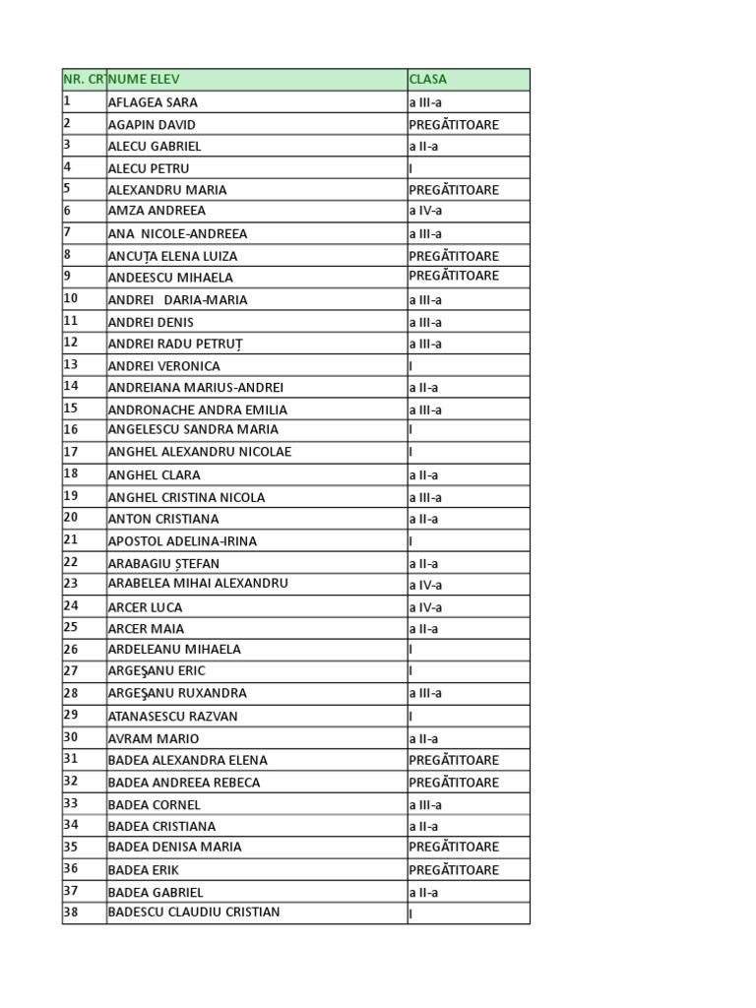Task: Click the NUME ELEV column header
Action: coord(145,80)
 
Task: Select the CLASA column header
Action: coord(428,80)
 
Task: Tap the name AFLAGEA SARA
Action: coord(153,102)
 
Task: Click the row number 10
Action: coord(71,299)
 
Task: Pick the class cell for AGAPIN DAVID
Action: coord(454,125)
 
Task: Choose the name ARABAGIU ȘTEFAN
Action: coord(163,563)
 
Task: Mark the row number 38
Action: coord(71,913)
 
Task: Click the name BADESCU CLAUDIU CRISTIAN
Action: coord(194,913)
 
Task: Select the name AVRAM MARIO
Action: coord(153,738)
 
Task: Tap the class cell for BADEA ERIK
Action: coord(454,870)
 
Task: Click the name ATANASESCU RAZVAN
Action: coord(172,717)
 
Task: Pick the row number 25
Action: coord(71,628)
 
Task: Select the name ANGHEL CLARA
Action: coord(154,474)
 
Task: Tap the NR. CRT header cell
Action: coord(84,80)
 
